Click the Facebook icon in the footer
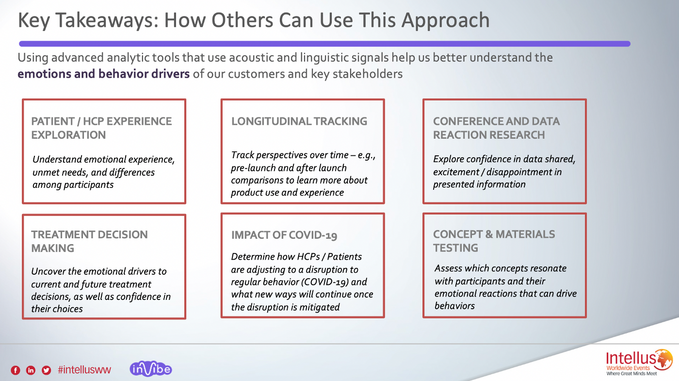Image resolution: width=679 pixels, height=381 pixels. point(16,370)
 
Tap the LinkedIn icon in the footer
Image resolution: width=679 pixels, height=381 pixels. point(31,370)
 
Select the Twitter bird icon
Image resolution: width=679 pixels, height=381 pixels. point(46,370)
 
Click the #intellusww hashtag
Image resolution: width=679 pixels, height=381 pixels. point(84,370)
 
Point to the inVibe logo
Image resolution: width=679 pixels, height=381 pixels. point(151,369)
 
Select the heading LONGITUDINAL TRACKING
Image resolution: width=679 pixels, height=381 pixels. point(299,121)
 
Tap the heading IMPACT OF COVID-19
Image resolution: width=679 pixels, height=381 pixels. point(284,235)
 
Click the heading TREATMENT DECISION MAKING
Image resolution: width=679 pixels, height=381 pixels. point(89,241)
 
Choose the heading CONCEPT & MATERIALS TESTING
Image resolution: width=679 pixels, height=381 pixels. point(494,241)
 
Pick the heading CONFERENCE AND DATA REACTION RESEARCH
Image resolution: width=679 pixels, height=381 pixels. point(496,128)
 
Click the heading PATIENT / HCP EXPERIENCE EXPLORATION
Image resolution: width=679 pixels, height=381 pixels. point(101,128)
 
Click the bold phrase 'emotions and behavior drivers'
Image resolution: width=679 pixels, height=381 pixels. point(103,74)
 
